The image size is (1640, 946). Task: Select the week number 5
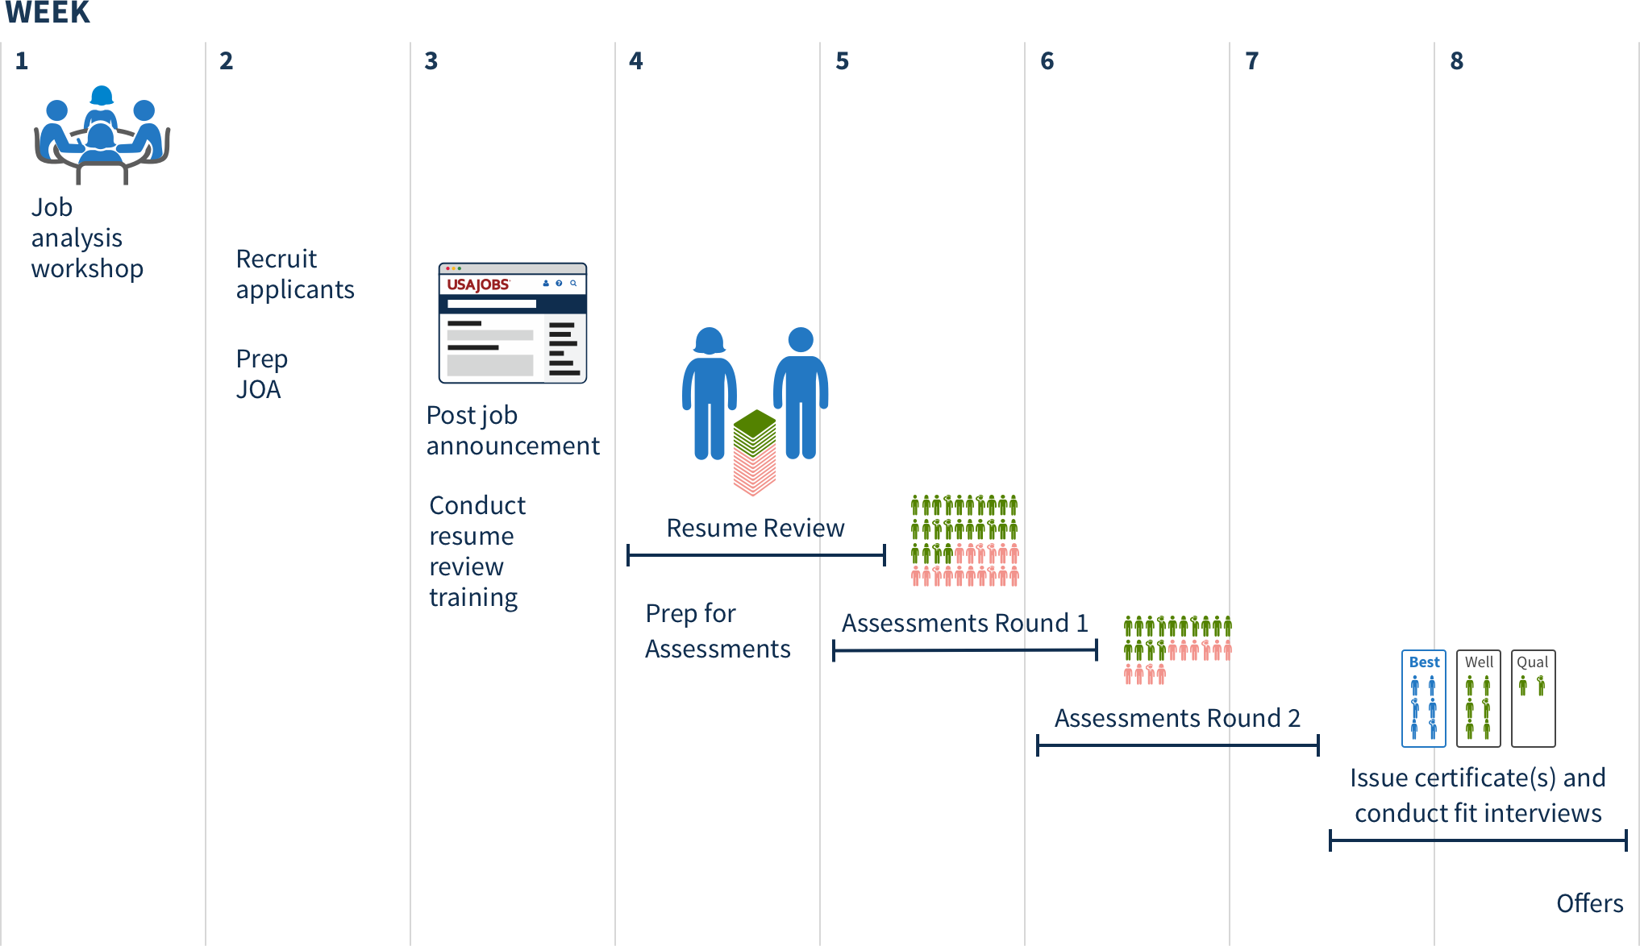[842, 61]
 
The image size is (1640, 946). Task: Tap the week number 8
[1456, 61]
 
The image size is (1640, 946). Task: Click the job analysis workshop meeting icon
[102, 135]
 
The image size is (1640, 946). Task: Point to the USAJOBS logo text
[478, 284]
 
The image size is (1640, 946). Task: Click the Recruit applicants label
[295, 274]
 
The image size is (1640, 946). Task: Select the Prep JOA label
[261, 374]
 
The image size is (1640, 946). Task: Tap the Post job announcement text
[513, 430]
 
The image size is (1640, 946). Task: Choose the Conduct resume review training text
[477, 552]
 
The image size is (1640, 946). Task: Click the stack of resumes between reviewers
[755, 452]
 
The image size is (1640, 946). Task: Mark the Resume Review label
[755, 528]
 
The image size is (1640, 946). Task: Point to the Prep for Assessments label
[718, 631]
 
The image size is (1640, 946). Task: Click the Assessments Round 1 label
[965, 623]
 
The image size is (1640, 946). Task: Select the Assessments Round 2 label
[1177, 718]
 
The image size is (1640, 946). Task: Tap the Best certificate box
[1424, 699]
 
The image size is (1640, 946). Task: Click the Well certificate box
[1479, 699]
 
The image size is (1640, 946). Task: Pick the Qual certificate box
[1533, 699]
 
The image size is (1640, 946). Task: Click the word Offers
[1590, 903]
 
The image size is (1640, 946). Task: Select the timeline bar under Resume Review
[756, 555]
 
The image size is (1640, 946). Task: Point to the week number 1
[22, 61]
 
